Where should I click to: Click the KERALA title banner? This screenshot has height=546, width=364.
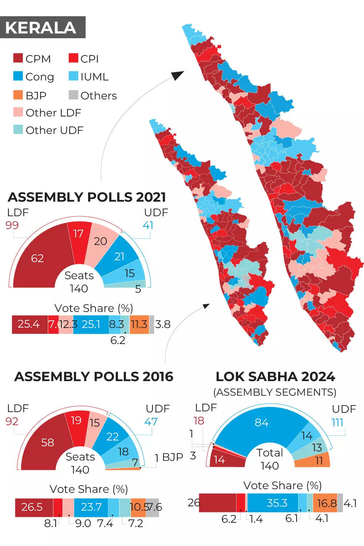pos(43,27)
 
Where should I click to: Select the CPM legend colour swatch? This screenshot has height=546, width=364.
pos(18,58)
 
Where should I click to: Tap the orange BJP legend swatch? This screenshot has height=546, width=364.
pos(18,95)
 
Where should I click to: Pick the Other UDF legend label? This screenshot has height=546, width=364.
pos(54,130)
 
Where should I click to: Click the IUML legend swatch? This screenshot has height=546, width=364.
pos(74,76)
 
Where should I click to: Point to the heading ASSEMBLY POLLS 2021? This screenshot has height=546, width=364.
pos(87,197)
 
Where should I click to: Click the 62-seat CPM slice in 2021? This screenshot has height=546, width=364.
pos(37,258)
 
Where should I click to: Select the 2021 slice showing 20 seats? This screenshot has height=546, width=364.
pos(100,241)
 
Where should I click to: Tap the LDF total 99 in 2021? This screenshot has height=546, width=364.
pos(12,225)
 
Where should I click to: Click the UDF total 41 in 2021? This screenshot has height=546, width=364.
pos(148,225)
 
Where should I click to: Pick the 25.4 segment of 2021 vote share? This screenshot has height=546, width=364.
pos(29,324)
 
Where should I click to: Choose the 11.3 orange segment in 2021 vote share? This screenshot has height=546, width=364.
pos(139,324)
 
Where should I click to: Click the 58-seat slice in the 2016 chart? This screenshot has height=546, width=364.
pos(47,442)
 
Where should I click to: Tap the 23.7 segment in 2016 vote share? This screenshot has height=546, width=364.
pos(91,507)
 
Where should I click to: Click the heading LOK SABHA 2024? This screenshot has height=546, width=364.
pos(275,376)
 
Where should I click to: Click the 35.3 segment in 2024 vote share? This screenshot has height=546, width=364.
pos(277,503)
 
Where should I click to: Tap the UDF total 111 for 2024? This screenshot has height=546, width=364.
pos(337,422)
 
